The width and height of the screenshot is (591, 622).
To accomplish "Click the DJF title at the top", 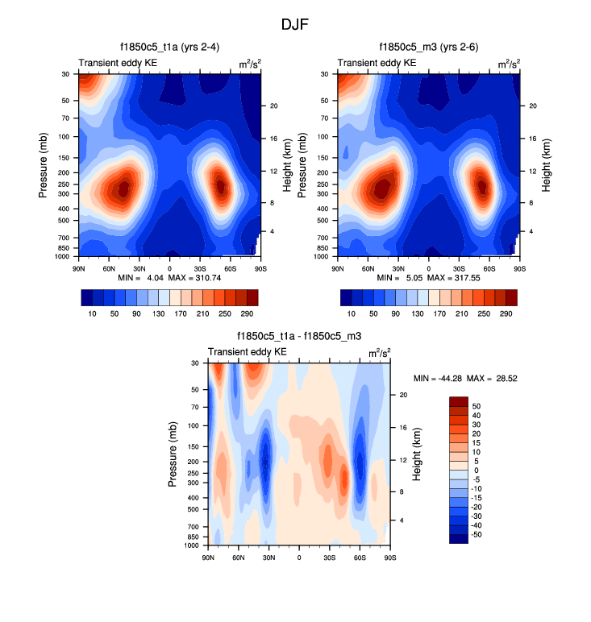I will pos(294,25).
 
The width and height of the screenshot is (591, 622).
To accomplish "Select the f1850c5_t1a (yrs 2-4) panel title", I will pos(169,48).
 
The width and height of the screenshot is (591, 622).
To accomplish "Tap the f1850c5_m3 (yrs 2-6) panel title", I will pos(428,48).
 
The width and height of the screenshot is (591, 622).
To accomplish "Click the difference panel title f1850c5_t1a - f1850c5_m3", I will pos(298,336).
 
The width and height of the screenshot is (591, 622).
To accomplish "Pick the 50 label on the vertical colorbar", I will pos(476,406).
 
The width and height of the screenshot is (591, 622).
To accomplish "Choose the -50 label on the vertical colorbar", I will pos(475,534).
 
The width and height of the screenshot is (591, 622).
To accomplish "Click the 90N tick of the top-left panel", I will pos(79,267).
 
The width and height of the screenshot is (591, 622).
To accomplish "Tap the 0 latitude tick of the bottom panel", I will pos(299,557).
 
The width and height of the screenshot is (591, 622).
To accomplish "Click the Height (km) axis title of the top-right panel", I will pos(547,165).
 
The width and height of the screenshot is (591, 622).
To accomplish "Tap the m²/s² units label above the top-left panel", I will pos(249,63).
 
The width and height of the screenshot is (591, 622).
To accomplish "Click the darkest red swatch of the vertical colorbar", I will pos(458,401).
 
